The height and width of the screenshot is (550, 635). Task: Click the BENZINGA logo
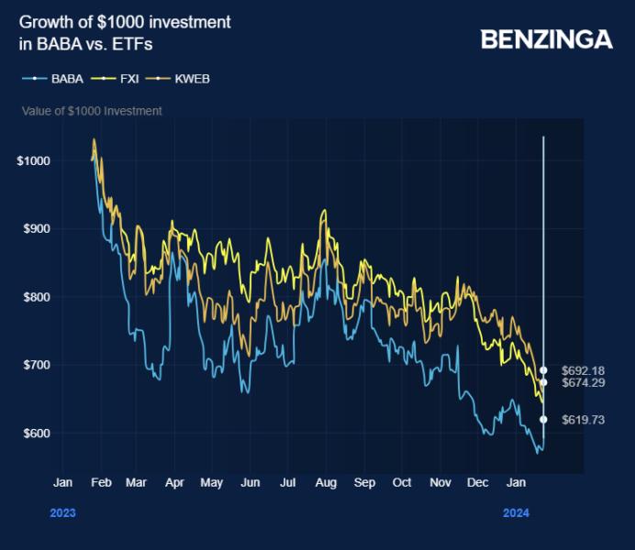[546, 39]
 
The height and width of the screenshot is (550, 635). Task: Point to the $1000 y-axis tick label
[33, 161]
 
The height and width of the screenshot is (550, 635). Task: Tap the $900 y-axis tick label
[36, 229]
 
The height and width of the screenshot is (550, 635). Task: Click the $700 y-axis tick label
[36, 365]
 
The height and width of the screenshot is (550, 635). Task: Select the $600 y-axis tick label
[36, 433]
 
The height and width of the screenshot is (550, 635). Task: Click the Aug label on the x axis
[326, 482]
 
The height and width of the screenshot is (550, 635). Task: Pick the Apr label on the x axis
[173, 482]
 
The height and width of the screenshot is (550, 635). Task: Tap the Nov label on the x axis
[440, 482]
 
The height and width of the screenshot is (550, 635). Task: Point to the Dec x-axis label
[478, 482]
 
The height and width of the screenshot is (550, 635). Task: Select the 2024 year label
[517, 513]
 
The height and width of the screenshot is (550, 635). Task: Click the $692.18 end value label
[583, 369]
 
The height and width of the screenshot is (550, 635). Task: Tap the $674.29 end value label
[583, 382]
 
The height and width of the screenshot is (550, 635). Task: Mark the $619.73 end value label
[583, 419]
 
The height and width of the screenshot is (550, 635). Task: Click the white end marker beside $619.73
[543, 419]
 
